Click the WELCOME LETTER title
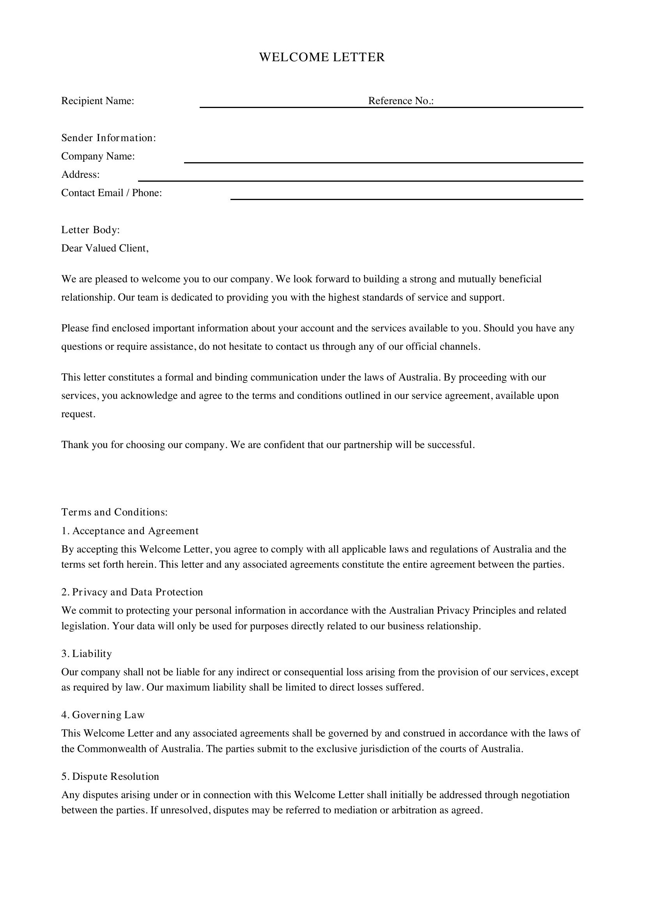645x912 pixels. pyautogui.click(x=322, y=57)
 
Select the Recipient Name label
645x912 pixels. pyautogui.click(x=97, y=101)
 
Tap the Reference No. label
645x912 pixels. pyautogui.click(x=400, y=101)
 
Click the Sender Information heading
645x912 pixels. pyautogui.click(x=108, y=138)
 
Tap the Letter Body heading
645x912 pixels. pyautogui.click(x=90, y=230)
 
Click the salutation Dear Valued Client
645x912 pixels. pyautogui.click(x=105, y=248)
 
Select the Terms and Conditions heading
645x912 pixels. pyautogui.click(x=114, y=512)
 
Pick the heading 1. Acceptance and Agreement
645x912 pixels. pyautogui.click(x=129, y=531)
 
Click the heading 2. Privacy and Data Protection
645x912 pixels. pyautogui.click(x=132, y=592)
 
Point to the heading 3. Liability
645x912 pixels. pyautogui.click(x=87, y=653)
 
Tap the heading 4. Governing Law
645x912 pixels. pyautogui.click(x=103, y=715)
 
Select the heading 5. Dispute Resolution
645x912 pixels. pyautogui.click(x=110, y=776)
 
